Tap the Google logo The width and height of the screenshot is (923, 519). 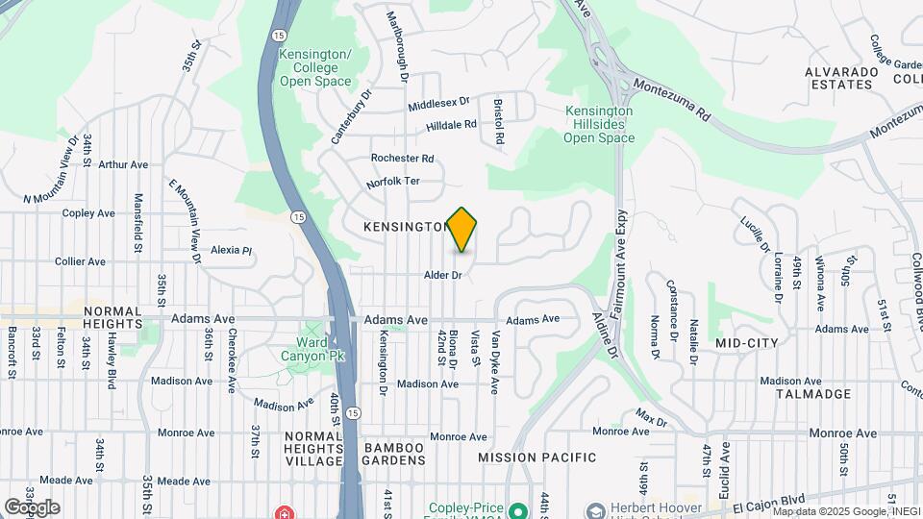[31, 507]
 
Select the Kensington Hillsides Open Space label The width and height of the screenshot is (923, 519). [599, 124]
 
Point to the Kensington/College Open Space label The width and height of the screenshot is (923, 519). [315, 67]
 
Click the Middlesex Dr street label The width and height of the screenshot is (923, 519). [437, 101]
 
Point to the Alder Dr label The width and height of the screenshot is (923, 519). [444, 275]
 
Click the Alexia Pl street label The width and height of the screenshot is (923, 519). [231, 250]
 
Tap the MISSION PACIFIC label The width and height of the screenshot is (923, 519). [537, 457]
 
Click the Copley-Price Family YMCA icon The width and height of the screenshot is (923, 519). [519, 509]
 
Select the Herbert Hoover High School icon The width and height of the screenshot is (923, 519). [594, 509]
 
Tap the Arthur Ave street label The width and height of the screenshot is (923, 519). [121, 164]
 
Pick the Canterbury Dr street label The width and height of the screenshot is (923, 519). [351, 115]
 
